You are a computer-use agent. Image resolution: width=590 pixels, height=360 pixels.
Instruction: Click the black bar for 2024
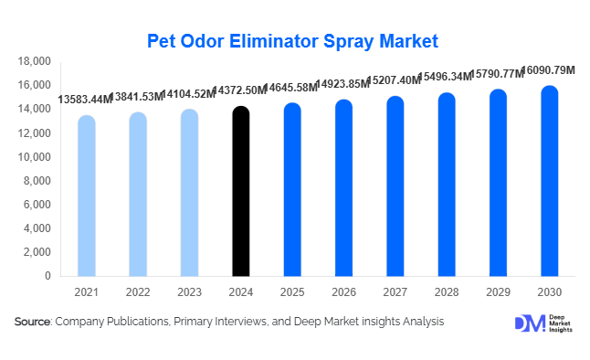pos(240,192)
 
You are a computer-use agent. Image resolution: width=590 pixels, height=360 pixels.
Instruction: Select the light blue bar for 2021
pos(86,196)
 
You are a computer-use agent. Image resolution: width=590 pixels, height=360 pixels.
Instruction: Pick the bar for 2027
pos(395,186)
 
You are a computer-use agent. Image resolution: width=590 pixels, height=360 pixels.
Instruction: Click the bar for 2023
pos(189,193)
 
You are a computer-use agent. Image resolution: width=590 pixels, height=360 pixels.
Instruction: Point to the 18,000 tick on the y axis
pos(35,61)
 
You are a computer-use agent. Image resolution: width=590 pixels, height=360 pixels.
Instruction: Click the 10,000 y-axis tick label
pos(35,157)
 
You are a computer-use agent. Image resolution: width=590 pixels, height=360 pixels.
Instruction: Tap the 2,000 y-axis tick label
pos(38,252)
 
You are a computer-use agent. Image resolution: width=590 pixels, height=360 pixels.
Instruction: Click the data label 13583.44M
pos(85,99)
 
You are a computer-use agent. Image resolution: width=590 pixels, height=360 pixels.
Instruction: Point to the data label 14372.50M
pos(240,91)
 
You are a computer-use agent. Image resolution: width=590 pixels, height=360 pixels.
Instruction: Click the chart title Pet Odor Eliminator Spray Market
pos(293,41)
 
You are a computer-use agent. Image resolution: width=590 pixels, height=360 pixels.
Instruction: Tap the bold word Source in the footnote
pos(33,322)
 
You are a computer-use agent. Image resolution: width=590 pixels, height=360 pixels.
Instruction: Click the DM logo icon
pos(529,323)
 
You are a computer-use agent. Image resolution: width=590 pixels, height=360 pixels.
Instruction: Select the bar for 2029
pos(498,183)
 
